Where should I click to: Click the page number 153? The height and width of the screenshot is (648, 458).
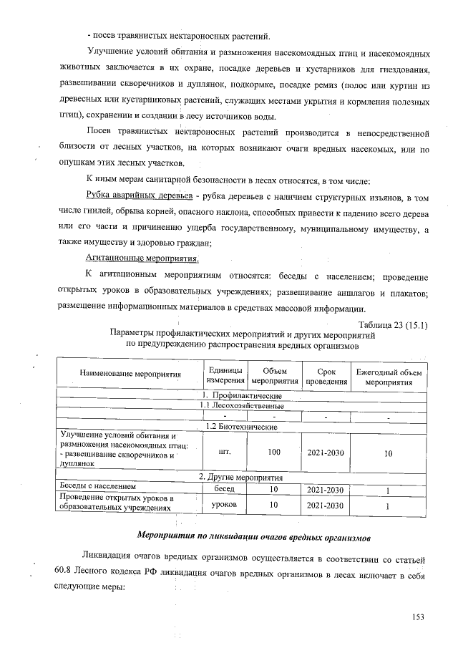tap(419, 617)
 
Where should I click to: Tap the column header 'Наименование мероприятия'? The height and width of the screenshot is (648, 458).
tap(130, 374)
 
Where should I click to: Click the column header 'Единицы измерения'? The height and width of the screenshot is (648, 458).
tap(225, 374)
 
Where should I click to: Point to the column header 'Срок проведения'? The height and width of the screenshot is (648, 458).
tap(326, 374)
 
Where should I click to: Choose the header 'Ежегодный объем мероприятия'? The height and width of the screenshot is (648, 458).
tap(389, 374)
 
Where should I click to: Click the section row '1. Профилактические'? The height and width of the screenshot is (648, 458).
tap(240, 396)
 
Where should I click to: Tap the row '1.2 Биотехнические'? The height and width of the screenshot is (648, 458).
tap(240, 426)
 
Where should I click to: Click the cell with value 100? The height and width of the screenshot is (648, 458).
tap(274, 453)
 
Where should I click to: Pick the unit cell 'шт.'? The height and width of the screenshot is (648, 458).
tap(224, 453)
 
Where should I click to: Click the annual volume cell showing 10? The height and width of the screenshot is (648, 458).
tap(388, 453)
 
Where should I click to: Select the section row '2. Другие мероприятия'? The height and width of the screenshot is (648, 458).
tap(240, 477)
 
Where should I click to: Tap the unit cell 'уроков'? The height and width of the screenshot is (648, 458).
tap(224, 506)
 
